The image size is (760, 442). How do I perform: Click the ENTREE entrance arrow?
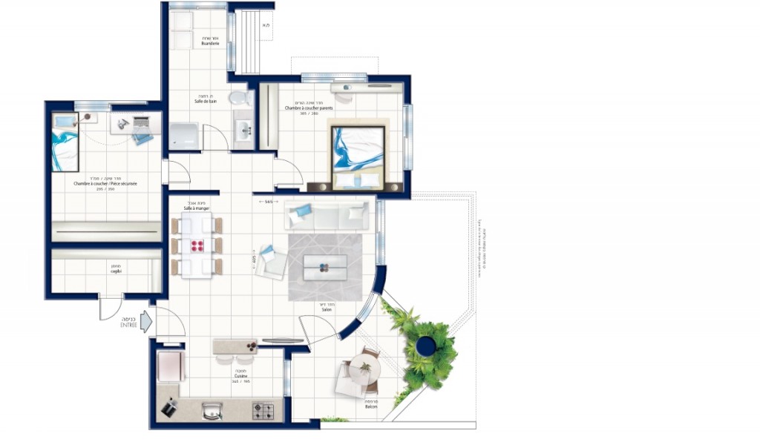[145, 321]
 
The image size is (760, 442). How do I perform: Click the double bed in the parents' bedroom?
[358, 156]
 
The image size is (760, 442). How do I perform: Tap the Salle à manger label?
[197, 209]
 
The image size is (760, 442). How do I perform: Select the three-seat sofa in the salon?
[327, 215]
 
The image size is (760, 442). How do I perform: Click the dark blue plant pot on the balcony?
[425, 345]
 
